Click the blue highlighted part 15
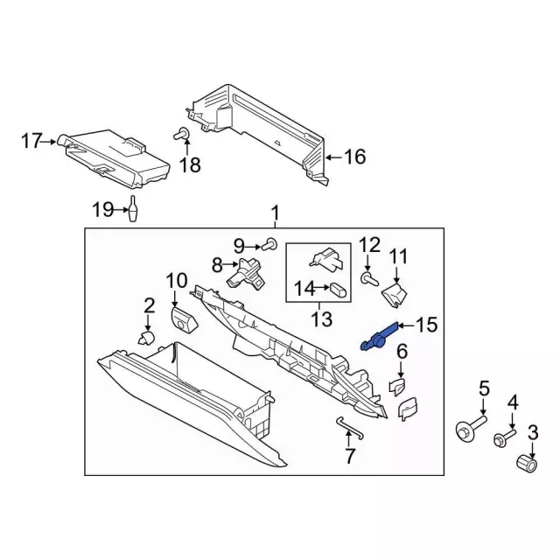click(x=377, y=337)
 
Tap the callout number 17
click(x=31, y=140)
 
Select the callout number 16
click(x=354, y=157)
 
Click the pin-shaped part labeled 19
click(x=134, y=211)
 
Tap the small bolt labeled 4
click(x=504, y=437)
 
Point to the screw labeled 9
click(x=270, y=243)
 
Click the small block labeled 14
click(x=337, y=287)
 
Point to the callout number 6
click(x=402, y=352)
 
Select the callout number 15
click(x=425, y=325)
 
